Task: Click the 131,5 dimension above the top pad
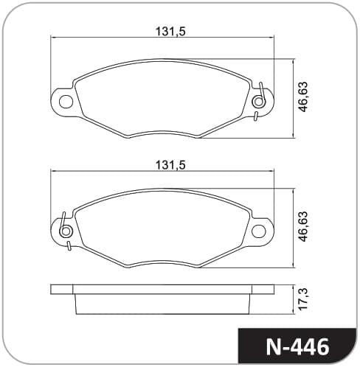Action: coord(170,31)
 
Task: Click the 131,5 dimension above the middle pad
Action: coord(170,165)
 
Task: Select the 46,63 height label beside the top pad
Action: coord(302,97)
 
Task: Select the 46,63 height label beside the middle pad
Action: coord(302,226)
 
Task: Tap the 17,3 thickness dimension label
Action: coord(302,299)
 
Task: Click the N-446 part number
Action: coord(297,347)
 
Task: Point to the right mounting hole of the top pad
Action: coord(258,102)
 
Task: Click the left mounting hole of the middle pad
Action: coord(66,231)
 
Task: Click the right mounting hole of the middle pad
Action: coord(258,231)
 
